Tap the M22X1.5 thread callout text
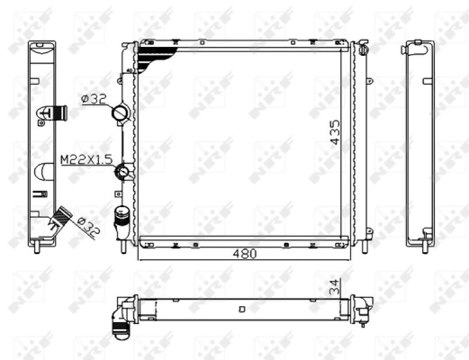tap(86, 158)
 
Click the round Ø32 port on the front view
tap(122, 113)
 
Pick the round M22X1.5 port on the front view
tap(126, 171)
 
